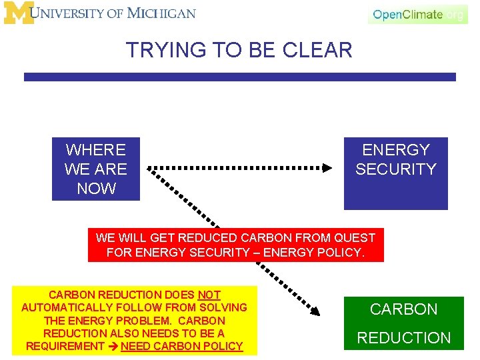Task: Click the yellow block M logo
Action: (19, 13)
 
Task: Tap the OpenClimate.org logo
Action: (417, 15)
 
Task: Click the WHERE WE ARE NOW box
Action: (96, 169)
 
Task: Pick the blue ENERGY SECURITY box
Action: (395, 173)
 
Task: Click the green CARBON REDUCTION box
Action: (403, 323)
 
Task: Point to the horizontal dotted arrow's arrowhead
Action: (327, 168)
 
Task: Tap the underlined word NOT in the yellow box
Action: (209, 295)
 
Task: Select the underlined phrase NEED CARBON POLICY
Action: (181, 346)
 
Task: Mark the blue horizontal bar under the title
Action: (240, 77)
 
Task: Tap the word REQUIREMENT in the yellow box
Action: (65, 346)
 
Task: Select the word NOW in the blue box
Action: (96, 189)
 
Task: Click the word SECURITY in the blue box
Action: (395, 169)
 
